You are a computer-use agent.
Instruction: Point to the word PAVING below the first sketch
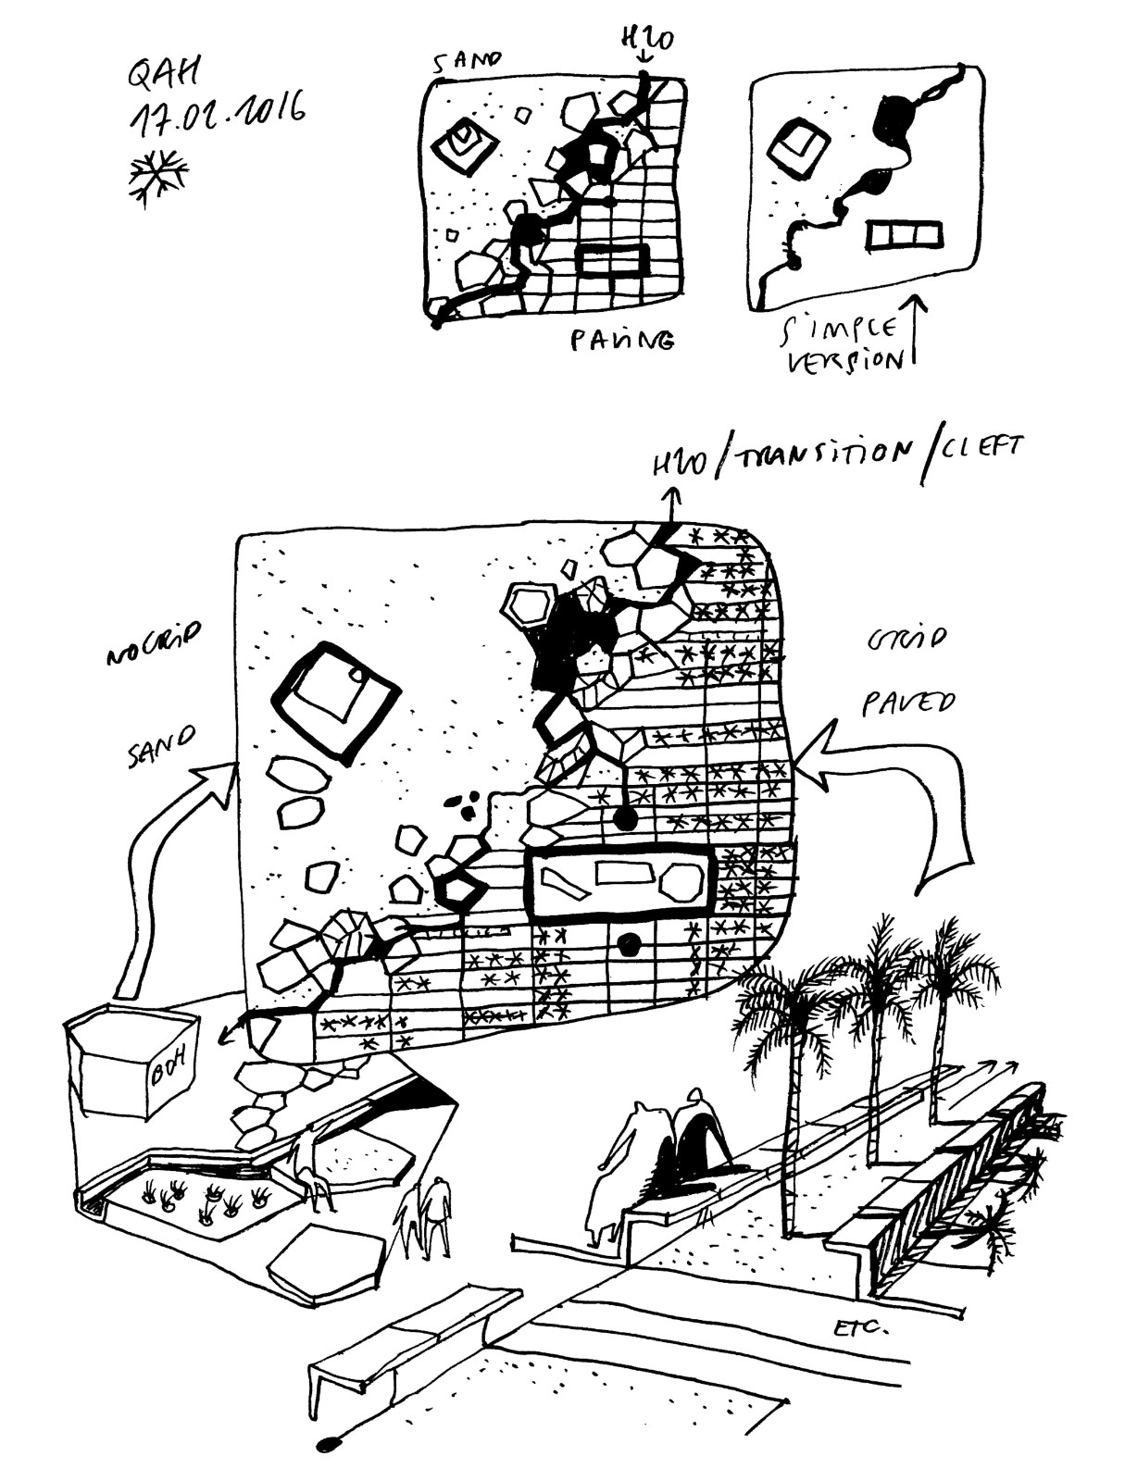[x=622, y=340]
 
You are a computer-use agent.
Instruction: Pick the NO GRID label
[x=153, y=642]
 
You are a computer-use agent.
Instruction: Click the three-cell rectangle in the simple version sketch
[x=906, y=235]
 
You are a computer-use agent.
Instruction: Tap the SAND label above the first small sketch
[x=467, y=61]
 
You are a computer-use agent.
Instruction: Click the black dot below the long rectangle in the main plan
[x=631, y=944]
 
